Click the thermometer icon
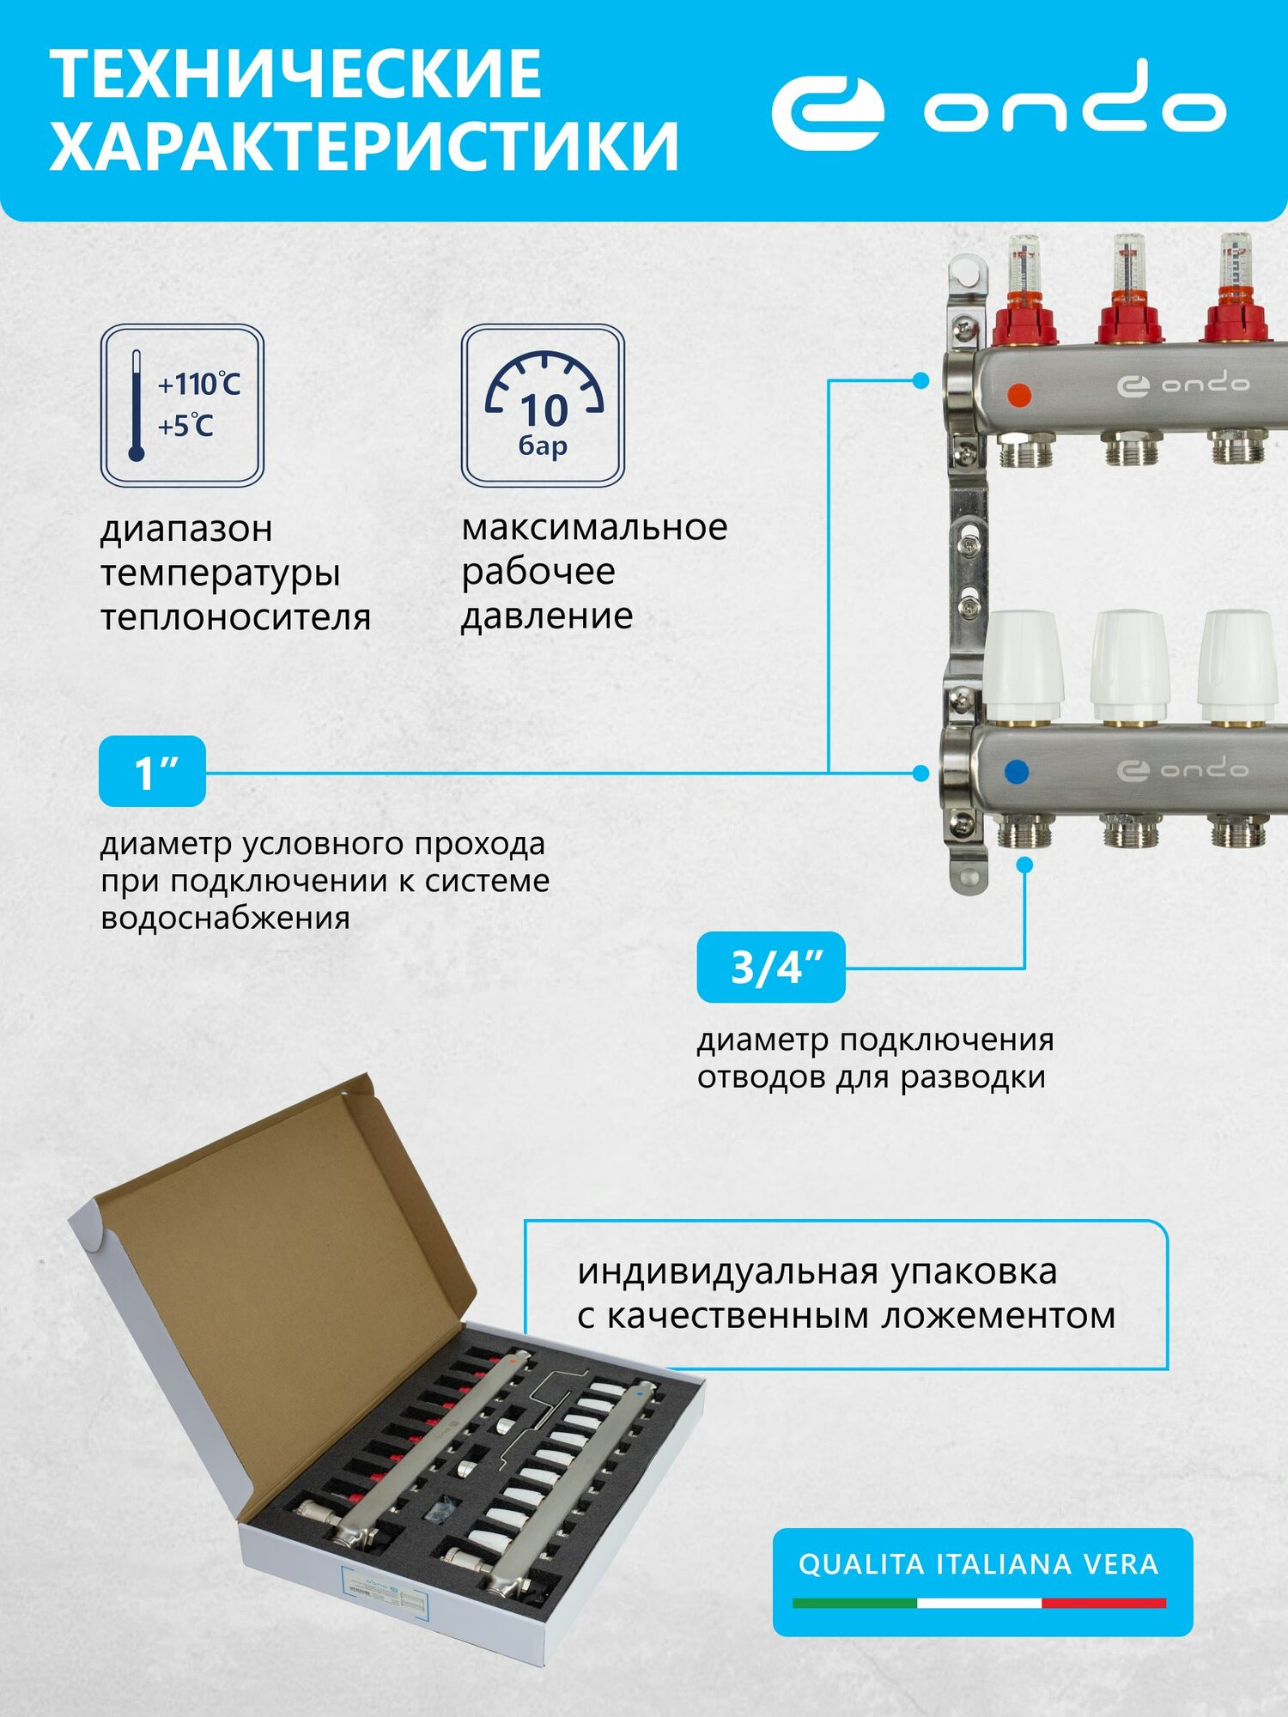pyautogui.click(x=136, y=405)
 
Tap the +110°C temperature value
pyautogui.click(x=198, y=384)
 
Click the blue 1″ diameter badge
pyautogui.click(x=153, y=772)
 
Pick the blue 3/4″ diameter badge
pyautogui.click(x=771, y=968)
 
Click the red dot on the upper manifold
pyautogui.click(x=1018, y=395)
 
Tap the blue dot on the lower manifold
pyautogui.click(x=1016, y=771)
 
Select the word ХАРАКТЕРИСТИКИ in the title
pyautogui.click(x=364, y=146)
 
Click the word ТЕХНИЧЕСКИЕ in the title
pyautogui.click(x=296, y=75)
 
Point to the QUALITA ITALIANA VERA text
pyautogui.click(x=978, y=1564)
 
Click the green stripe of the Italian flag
pyautogui.click(x=854, y=1603)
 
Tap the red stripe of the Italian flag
pyautogui.click(x=1103, y=1603)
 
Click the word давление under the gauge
pyautogui.click(x=547, y=616)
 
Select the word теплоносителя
pyautogui.click(x=235, y=618)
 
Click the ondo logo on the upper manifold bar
pyautogui.click(x=1182, y=385)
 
